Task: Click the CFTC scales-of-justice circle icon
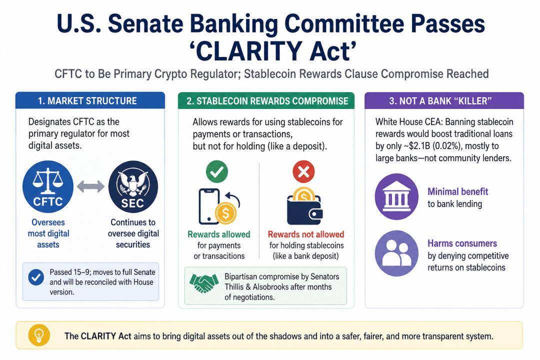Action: (x=48, y=186)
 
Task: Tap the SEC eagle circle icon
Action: (x=133, y=186)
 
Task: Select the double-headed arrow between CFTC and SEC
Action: (x=90, y=186)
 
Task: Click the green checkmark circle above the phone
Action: (x=217, y=171)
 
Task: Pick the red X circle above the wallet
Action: (x=303, y=171)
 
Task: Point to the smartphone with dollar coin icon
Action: (x=218, y=206)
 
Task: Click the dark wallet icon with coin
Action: (x=304, y=206)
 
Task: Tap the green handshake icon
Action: (x=204, y=283)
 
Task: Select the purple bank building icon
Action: (x=396, y=196)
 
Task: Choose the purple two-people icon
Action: (x=396, y=253)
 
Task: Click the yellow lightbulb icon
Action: (x=39, y=335)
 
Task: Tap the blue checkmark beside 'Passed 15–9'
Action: (x=36, y=277)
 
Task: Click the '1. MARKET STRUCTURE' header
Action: (x=87, y=101)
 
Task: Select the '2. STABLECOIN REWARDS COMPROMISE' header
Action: (x=267, y=101)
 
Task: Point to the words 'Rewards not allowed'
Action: (x=306, y=234)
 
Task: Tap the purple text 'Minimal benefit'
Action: (x=457, y=191)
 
